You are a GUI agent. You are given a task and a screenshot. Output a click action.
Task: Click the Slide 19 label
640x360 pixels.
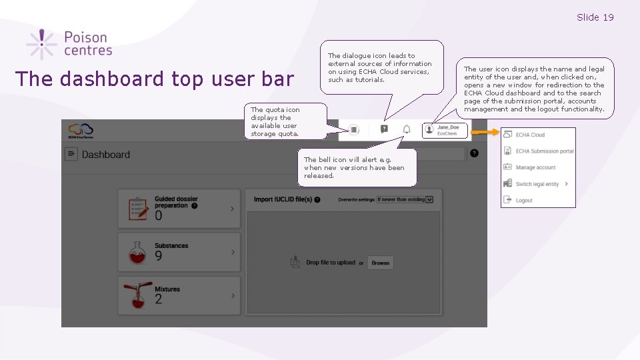pyautogui.click(x=595, y=17)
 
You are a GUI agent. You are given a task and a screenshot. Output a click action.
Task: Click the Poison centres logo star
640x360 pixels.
pyautogui.click(x=41, y=44)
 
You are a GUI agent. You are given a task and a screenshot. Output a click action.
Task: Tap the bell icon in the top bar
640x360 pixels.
pyautogui.click(x=406, y=129)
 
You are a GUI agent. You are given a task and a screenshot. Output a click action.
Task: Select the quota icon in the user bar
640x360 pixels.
pyautogui.click(x=354, y=130)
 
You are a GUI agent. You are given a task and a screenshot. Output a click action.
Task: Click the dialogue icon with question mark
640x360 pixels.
pyautogui.click(x=384, y=129)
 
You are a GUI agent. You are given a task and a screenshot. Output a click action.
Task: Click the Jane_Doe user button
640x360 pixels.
pyautogui.click(x=445, y=130)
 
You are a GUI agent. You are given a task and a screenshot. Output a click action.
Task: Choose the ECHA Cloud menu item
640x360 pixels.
pyautogui.click(x=530, y=135)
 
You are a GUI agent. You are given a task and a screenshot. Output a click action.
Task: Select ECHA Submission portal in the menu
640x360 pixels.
pyautogui.click(x=544, y=151)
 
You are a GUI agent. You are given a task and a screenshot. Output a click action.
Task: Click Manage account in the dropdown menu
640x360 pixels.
pyautogui.click(x=535, y=167)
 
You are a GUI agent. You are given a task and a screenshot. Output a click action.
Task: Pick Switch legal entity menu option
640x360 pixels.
pyautogui.click(x=537, y=184)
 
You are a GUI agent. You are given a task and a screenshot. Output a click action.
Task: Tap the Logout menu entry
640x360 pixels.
pyautogui.click(x=524, y=200)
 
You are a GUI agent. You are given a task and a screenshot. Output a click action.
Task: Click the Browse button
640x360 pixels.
pyautogui.click(x=381, y=263)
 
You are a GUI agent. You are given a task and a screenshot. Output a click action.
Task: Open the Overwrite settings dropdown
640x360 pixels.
pyautogui.click(x=405, y=199)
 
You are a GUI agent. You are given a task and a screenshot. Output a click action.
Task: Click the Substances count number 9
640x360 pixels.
pyautogui.click(x=159, y=256)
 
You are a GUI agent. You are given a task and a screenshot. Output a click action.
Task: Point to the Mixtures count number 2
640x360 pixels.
pyautogui.click(x=159, y=300)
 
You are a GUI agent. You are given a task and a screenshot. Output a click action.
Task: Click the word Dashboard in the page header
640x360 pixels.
pyautogui.click(x=105, y=155)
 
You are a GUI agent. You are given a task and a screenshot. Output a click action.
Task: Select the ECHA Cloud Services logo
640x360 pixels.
pyautogui.click(x=81, y=129)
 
